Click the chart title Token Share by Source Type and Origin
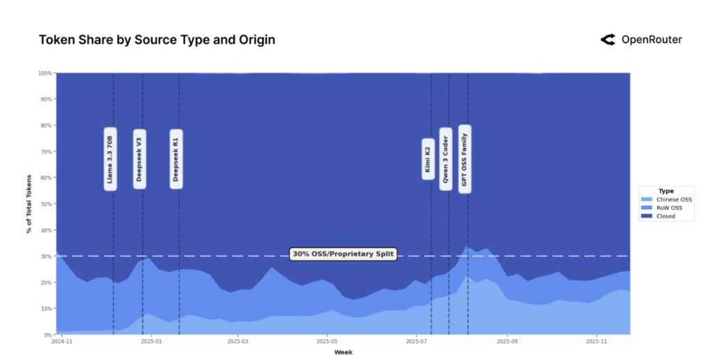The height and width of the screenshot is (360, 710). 157,40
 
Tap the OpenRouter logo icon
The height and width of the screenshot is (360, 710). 608,40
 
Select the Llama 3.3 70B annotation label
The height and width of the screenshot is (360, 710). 110,159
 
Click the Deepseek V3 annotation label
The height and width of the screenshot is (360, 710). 139,159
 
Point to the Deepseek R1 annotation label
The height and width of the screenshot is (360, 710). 176,159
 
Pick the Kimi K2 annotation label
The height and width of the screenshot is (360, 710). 428,159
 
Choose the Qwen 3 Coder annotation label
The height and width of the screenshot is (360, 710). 445,159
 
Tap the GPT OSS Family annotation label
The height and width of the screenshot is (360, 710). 465,159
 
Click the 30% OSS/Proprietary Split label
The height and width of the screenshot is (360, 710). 343,255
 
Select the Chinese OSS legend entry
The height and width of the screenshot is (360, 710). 669,200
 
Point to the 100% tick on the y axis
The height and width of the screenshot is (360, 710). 45,73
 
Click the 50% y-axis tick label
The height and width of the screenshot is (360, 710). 46,204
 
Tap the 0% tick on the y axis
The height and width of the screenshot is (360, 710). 48,334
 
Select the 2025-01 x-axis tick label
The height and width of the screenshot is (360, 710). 151,341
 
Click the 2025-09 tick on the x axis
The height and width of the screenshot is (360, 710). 508,341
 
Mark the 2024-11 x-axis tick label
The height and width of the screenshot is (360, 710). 62,341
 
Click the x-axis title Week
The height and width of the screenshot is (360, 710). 343,352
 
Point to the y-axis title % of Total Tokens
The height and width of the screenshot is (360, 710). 29,203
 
